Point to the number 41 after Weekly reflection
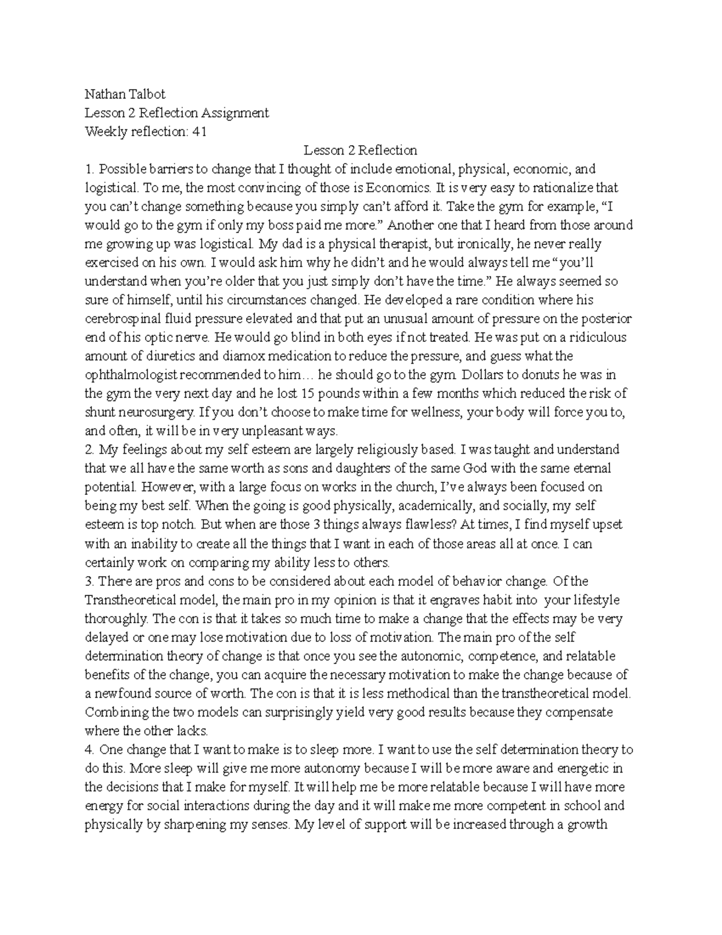click(199, 131)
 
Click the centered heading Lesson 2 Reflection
click(360, 150)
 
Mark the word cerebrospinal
click(120, 318)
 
